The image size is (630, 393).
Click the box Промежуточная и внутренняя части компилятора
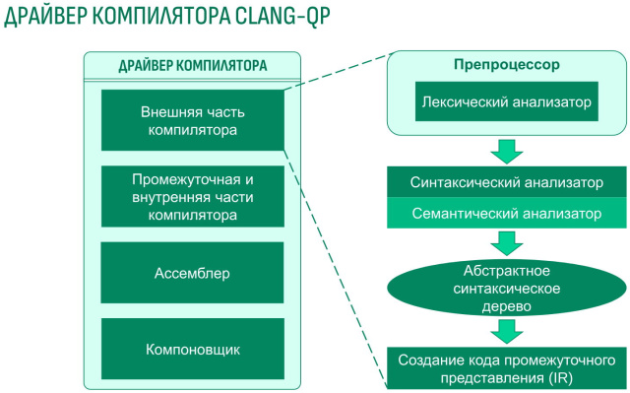tap(192, 195)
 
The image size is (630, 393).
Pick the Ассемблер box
tap(192, 271)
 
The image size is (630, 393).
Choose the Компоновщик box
tap(192, 348)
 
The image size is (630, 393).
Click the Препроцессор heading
tap(507, 65)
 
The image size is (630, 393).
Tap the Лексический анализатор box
tap(507, 101)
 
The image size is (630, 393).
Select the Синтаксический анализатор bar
tap(507, 182)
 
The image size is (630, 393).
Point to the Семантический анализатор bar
tap(507, 212)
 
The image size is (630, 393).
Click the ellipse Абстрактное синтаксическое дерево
tap(507, 289)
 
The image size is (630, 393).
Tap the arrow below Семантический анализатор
tap(507, 242)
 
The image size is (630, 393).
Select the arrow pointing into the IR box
tap(507, 331)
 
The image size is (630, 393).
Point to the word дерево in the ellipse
tap(507, 306)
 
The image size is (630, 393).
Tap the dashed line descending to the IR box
tap(335, 266)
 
